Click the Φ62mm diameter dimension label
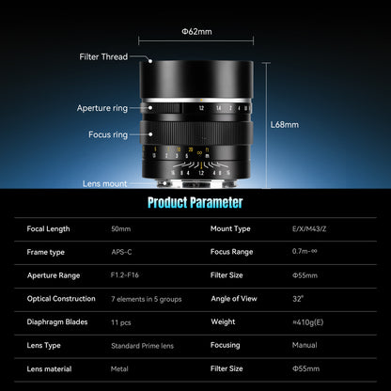[197, 31]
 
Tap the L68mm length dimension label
[284, 123]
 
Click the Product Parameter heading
[195, 202]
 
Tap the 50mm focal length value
[121, 228]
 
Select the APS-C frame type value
[123, 252]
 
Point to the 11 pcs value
[122, 322]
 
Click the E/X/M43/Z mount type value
[311, 228]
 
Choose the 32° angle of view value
[298, 299]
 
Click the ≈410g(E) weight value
[309, 322]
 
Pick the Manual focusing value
[305, 346]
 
